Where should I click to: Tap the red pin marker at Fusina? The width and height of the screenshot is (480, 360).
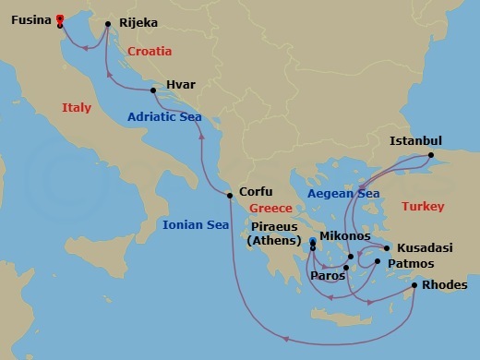click(x=60, y=18)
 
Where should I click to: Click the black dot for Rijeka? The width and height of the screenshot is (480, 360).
click(x=108, y=24)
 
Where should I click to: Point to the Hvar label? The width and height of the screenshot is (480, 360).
click(x=181, y=85)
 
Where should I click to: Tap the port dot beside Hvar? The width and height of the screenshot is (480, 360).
click(x=153, y=90)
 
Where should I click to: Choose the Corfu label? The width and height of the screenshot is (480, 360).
click(x=256, y=192)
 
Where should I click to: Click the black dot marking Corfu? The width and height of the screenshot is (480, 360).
click(x=230, y=194)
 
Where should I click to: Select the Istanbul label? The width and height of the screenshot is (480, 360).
click(x=417, y=140)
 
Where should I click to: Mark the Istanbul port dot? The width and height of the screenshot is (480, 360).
click(x=431, y=157)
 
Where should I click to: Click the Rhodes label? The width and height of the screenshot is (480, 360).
click(x=445, y=285)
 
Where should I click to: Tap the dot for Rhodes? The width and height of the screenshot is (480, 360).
click(x=414, y=285)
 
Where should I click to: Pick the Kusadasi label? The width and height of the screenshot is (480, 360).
click(x=424, y=249)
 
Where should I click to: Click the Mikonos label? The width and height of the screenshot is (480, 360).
click(x=344, y=236)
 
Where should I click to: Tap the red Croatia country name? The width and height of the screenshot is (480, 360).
click(x=154, y=51)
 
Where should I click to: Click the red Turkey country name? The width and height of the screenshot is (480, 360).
click(x=424, y=207)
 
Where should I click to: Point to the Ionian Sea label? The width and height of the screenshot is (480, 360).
click(x=195, y=223)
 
